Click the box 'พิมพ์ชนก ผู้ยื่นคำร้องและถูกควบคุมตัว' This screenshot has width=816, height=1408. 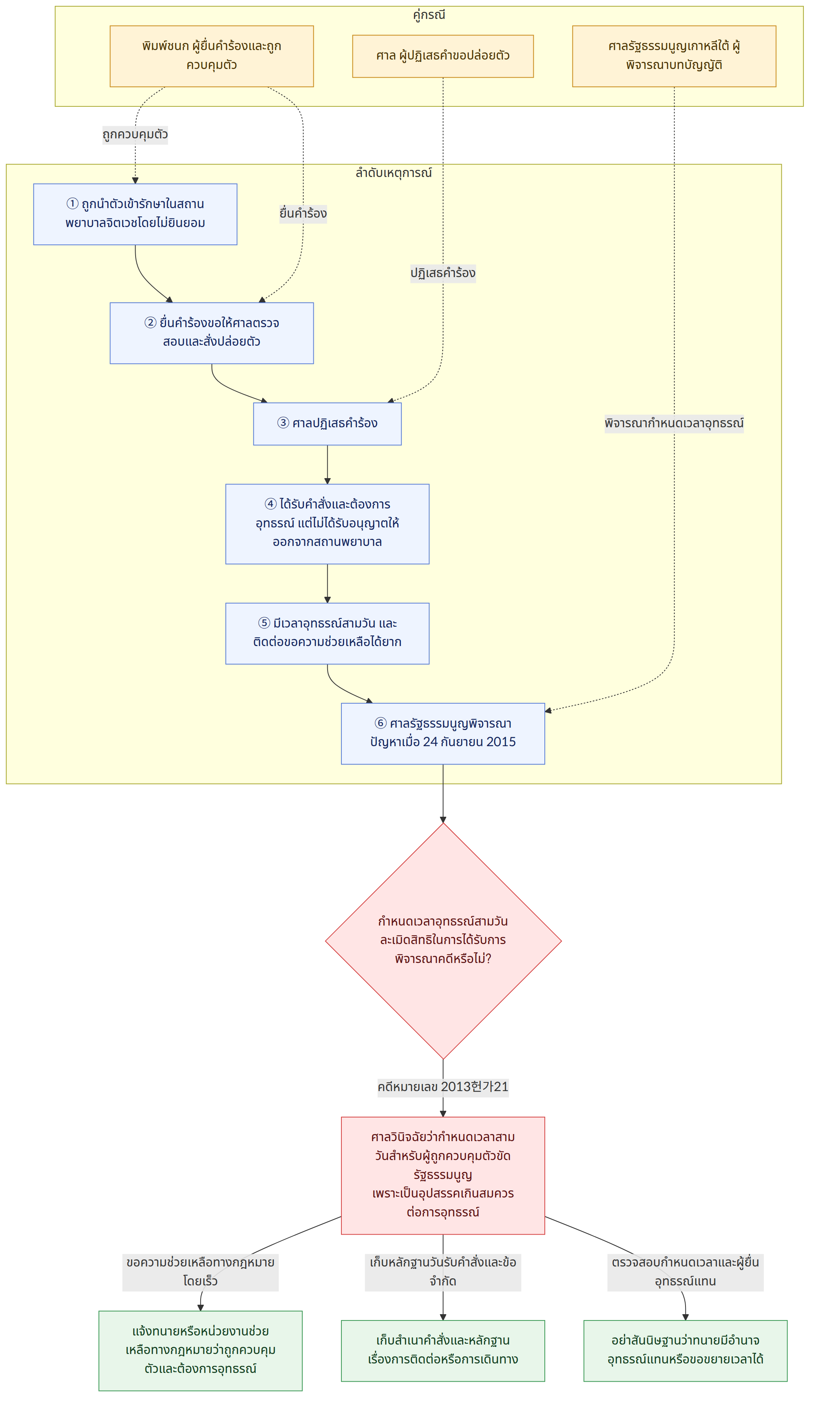click(211, 56)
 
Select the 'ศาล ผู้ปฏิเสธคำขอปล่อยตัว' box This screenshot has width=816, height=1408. click(443, 56)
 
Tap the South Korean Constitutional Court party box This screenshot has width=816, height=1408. click(674, 56)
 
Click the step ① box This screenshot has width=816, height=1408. click(135, 214)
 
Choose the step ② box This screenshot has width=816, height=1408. click(211, 333)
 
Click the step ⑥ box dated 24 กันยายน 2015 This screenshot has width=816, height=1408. click(443, 733)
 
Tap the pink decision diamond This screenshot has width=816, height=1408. click(443, 941)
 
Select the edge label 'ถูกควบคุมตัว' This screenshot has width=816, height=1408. click(135, 135)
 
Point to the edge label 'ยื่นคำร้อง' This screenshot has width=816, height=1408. click(303, 213)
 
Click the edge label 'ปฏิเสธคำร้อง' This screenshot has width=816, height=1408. click(443, 273)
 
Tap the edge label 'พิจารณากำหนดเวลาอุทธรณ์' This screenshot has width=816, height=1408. click(674, 423)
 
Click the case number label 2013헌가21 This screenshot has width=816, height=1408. click(443, 1087)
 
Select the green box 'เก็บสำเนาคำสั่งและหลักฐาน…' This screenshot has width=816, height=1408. click(443, 1350)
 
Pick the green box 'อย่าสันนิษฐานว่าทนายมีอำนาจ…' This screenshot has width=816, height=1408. click(685, 1350)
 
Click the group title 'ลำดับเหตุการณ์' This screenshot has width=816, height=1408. click(393, 173)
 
